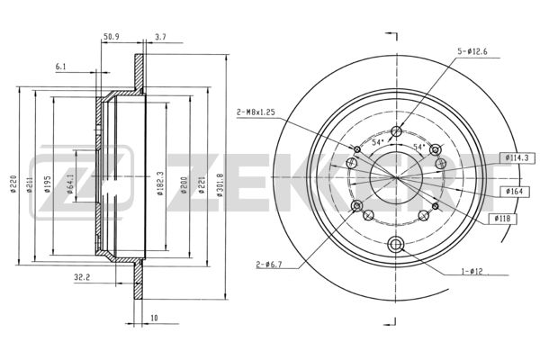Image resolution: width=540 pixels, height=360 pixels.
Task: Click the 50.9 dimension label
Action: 111,37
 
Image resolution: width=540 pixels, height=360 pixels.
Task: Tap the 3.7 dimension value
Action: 160,37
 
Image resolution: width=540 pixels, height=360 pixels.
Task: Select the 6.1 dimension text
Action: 60,67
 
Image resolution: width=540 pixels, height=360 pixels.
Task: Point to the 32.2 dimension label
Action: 81,276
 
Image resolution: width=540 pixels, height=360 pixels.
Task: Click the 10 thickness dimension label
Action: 154,318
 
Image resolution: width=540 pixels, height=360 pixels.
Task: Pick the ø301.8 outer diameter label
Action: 220,184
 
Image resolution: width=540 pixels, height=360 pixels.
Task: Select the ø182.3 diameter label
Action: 159,184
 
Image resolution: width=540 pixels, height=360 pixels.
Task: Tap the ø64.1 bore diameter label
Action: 70,184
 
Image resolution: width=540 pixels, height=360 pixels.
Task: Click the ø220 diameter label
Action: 13,184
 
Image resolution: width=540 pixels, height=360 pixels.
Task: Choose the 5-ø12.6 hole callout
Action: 472,52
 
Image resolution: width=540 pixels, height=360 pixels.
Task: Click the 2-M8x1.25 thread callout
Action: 256,112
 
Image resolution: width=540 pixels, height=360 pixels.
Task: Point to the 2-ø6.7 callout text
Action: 269,265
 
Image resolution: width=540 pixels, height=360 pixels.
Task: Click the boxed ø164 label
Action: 514,191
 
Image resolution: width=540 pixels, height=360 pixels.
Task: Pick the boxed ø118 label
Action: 503,219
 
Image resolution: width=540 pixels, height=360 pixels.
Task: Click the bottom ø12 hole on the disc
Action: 395,244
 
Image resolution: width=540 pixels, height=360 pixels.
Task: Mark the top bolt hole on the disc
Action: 397,131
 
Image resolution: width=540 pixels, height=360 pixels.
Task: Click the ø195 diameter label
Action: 48,184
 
